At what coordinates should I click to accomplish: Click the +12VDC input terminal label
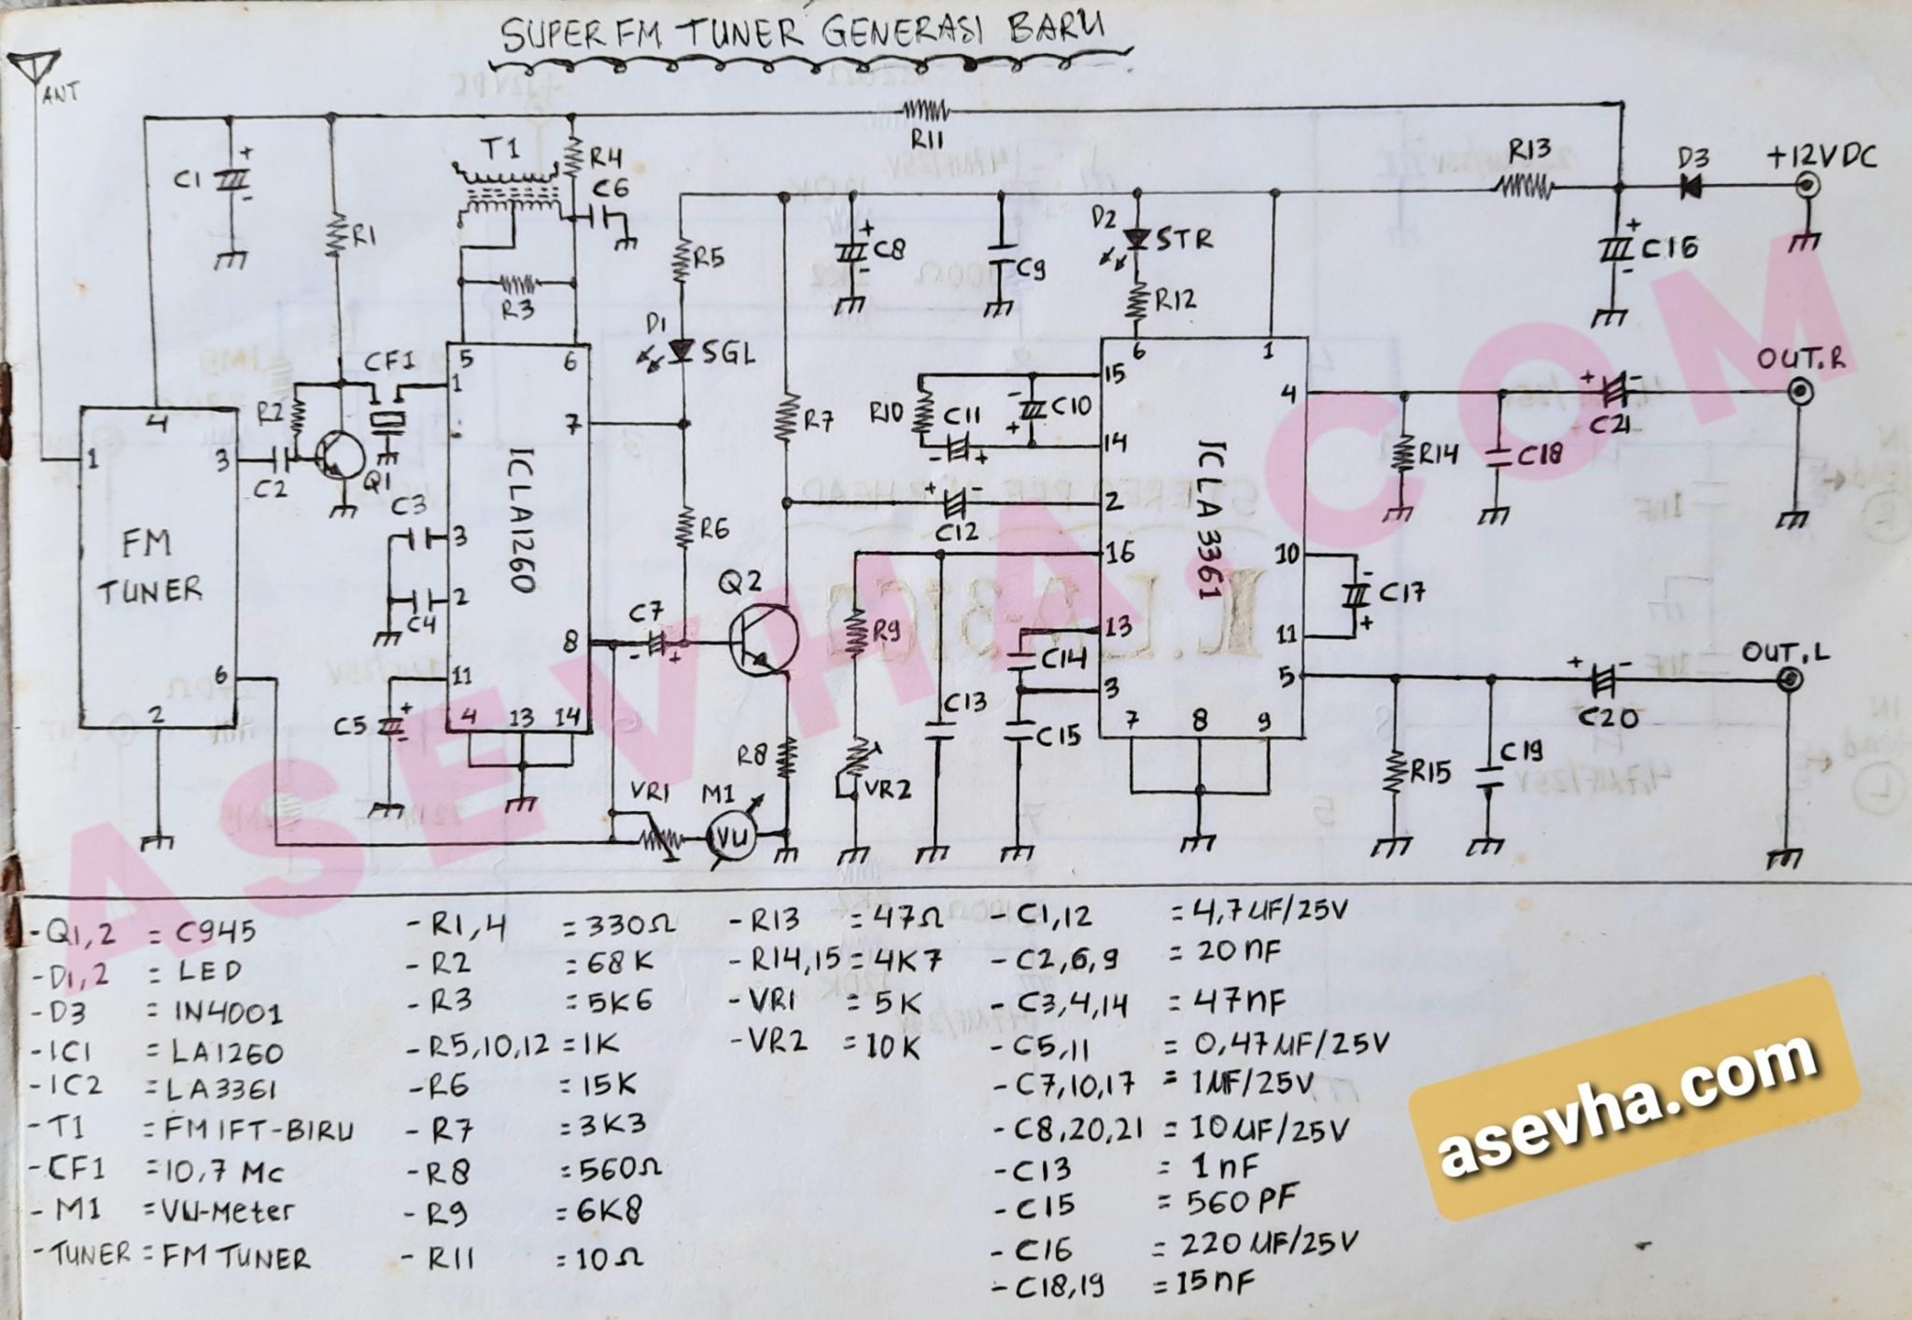[x=1820, y=158]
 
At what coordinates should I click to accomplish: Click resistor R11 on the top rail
[x=926, y=113]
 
